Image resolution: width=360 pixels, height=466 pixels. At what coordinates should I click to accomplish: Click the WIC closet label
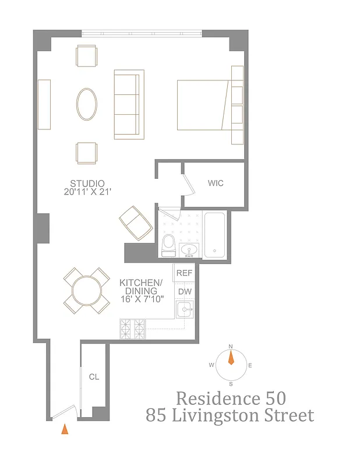click(216, 183)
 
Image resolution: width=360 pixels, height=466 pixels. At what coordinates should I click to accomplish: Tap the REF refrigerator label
click(184, 273)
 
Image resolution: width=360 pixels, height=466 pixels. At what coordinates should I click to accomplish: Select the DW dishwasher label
click(184, 292)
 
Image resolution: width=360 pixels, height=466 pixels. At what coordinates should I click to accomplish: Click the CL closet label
click(94, 377)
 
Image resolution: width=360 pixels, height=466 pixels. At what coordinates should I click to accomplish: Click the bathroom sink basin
click(189, 250)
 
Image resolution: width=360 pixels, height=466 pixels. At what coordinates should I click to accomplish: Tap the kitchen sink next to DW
click(185, 310)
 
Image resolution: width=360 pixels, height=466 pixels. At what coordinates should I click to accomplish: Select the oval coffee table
click(87, 104)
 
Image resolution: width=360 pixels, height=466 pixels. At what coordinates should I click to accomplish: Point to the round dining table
click(86, 290)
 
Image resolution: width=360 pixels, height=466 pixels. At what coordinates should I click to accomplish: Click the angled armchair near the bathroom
click(136, 223)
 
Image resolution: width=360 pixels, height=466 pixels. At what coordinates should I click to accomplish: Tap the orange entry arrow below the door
click(65, 429)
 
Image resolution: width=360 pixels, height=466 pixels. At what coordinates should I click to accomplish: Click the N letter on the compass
click(231, 347)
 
